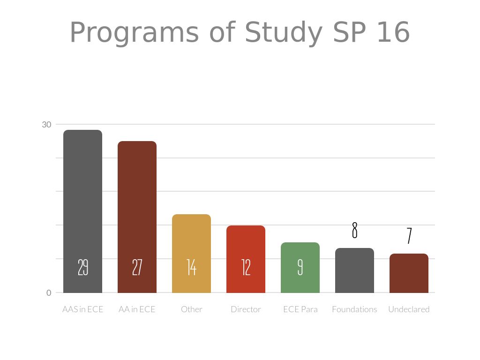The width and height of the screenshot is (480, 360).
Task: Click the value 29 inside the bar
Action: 82,267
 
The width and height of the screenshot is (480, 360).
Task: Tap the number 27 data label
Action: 137,267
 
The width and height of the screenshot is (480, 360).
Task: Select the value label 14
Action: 191,267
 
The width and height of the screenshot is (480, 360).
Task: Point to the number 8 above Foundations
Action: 354,230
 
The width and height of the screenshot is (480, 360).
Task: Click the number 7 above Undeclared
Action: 409,236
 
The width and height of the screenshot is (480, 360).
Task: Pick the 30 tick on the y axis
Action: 46,125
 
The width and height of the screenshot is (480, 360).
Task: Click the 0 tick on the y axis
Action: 49,293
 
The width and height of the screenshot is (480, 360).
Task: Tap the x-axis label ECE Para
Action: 300,309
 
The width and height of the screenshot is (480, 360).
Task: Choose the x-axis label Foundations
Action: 354,309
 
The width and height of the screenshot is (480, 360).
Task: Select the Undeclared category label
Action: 409,309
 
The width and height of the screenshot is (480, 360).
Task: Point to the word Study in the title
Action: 283,33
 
